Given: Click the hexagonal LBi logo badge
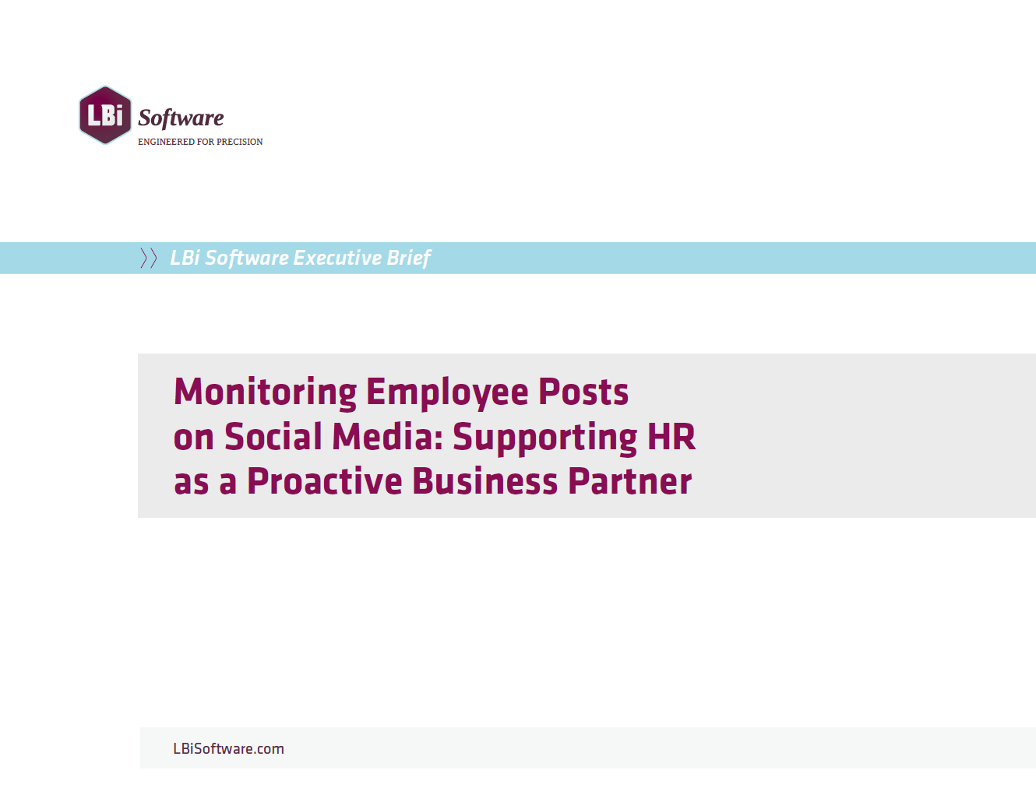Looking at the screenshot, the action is click(105, 114).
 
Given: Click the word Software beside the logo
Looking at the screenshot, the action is click(181, 118).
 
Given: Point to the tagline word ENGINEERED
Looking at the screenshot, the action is click(166, 142).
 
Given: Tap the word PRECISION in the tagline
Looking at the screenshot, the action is click(239, 142).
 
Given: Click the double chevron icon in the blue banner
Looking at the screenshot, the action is click(148, 258).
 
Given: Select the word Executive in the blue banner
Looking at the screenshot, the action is click(337, 258).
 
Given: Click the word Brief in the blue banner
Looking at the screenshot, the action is click(409, 258).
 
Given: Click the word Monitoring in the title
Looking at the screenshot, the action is click(265, 392).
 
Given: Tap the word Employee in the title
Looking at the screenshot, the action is click(447, 392).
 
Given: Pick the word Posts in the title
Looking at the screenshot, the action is click(583, 392).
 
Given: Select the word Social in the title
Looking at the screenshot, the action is click(273, 437).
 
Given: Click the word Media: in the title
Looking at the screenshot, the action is click(388, 437).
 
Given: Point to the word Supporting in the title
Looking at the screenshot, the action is click(544, 438).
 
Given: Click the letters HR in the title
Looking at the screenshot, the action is click(671, 437).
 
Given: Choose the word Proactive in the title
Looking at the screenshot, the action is click(325, 481).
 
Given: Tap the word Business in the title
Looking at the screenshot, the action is click(485, 481).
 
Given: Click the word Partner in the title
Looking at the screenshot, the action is click(629, 481).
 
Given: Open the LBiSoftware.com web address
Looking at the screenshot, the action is click(228, 749).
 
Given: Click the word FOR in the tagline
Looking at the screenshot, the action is click(206, 142).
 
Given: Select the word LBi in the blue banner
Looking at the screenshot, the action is click(185, 258).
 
